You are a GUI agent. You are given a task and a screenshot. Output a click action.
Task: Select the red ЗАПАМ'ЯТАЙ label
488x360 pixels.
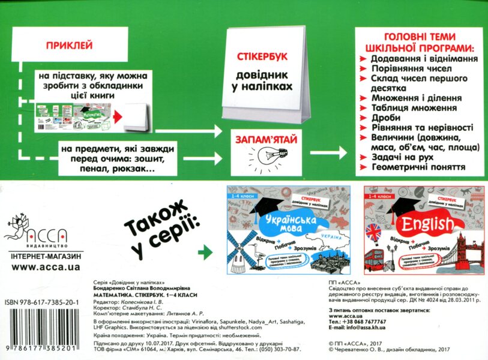[262, 139]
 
